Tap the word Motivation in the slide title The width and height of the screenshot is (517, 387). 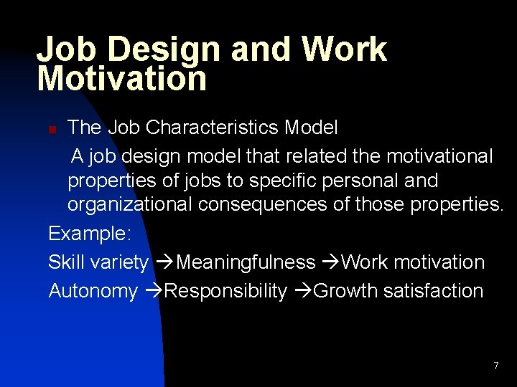[121, 78]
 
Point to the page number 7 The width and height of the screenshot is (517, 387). [495, 366]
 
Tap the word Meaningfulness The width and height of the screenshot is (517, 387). [246, 262]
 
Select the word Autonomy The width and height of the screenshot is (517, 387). [93, 291]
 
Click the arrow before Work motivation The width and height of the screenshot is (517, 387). [330, 262]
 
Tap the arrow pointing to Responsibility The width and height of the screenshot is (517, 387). [153, 291]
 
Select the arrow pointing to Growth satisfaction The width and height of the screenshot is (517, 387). [302, 291]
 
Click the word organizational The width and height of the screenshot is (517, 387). [130, 205]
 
